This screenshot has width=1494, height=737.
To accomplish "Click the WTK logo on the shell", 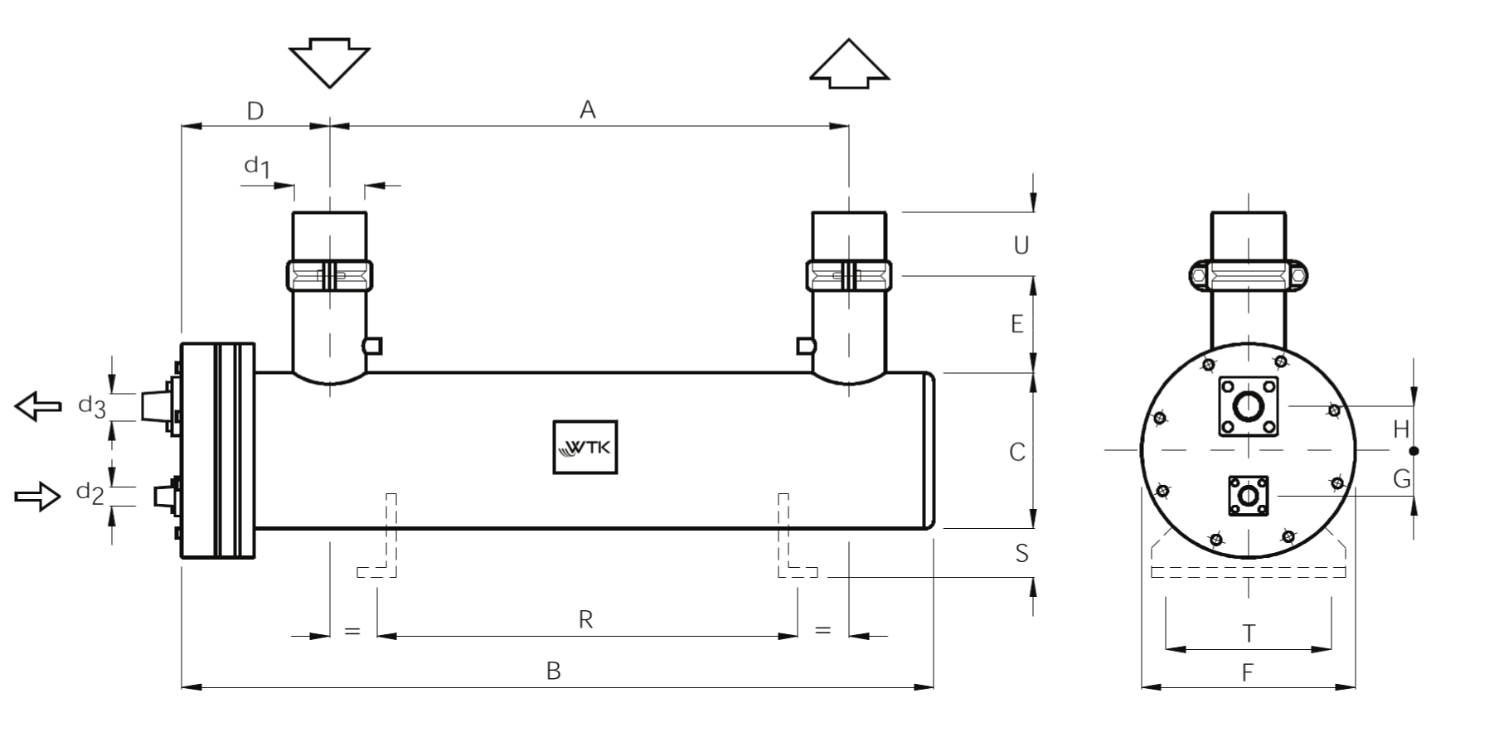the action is [x=585, y=448].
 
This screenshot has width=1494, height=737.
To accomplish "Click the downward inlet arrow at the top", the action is [x=329, y=63].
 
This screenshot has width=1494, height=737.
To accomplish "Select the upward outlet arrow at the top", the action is [x=849, y=63].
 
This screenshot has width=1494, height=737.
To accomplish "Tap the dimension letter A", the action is [x=588, y=109].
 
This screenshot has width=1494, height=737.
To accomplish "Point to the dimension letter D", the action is [x=255, y=111].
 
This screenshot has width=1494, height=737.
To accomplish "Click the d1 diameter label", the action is [x=257, y=167].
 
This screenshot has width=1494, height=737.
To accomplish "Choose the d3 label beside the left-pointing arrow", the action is [x=92, y=406].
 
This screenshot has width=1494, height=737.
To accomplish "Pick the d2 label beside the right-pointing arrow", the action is [x=90, y=493].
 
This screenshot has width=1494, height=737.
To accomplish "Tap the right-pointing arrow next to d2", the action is [x=38, y=496].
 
